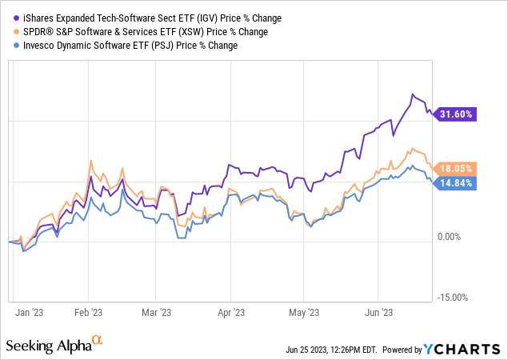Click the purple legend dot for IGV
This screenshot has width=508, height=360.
[17, 18]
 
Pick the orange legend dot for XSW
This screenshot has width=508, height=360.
[17, 31]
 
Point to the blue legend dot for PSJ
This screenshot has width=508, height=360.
[17, 46]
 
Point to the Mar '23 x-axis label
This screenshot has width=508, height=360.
[157, 313]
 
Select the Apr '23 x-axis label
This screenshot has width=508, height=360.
[231, 313]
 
